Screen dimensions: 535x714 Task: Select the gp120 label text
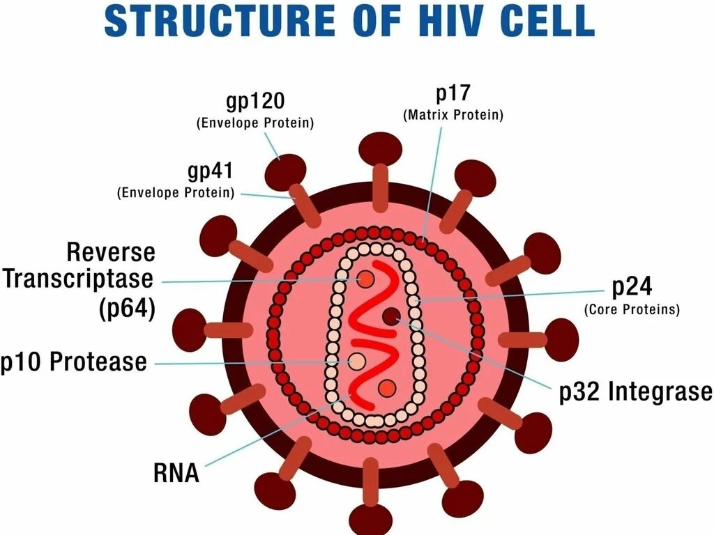pos(255,101)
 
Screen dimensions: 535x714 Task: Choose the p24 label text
pos(631,287)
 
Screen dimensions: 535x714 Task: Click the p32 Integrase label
pos(636,391)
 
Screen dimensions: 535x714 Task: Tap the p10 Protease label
pos(74,362)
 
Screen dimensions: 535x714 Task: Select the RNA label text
pos(176,474)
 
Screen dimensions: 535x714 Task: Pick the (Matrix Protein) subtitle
pos(453,116)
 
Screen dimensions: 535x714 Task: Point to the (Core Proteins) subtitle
pos(631,310)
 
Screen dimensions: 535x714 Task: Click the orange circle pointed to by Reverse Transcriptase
pos(365,279)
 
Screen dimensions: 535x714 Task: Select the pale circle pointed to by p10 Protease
pos(357,361)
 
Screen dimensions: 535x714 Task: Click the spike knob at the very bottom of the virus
pos(370,519)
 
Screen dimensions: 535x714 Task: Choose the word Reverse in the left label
pos(111,251)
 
